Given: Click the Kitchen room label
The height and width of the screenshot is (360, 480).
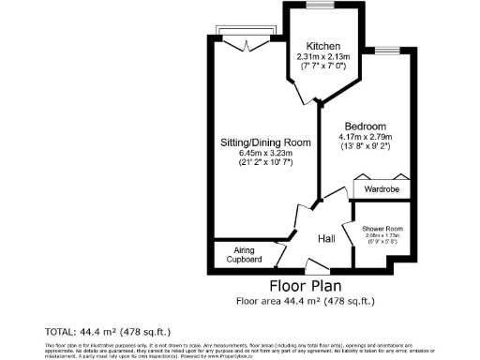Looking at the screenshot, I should pyautogui.click(x=322, y=47).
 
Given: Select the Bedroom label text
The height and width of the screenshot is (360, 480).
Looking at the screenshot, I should pyautogui.click(x=366, y=127).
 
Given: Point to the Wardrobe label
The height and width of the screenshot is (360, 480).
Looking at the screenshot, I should pyautogui.click(x=381, y=188).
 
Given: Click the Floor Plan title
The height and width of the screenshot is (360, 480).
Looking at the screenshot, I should pyautogui.click(x=305, y=286).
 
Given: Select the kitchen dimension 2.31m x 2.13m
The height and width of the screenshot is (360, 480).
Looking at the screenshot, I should pyautogui.click(x=322, y=57).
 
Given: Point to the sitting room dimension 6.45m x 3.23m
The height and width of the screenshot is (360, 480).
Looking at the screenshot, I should pyautogui.click(x=250, y=154).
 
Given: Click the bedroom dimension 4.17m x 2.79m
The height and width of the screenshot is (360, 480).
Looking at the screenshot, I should pyautogui.click(x=366, y=138).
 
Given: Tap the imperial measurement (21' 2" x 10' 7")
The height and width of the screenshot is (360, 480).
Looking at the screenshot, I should pyautogui.click(x=250, y=165).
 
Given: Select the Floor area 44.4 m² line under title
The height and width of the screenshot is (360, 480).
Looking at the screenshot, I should pyautogui.click(x=305, y=301).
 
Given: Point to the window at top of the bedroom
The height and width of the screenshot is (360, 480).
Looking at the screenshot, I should pyautogui.click(x=387, y=47).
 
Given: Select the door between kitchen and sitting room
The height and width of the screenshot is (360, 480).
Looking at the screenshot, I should pyautogui.click(x=300, y=90).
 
